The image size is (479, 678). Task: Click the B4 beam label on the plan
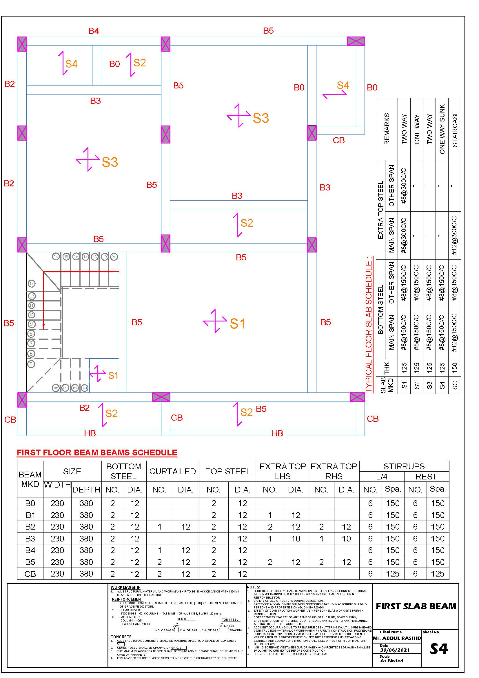(94, 31)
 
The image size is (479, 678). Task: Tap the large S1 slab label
(237, 324)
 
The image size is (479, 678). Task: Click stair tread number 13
(31, 283)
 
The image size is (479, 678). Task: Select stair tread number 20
(114, 257)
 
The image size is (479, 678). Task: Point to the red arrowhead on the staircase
(44, 327)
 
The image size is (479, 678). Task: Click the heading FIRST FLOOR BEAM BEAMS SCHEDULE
(97, 453)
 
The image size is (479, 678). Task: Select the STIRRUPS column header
(404, 466)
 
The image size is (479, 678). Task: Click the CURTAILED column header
(172, 471)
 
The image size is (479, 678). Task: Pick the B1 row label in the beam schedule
(30, 515)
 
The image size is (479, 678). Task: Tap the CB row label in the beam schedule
(30, 574)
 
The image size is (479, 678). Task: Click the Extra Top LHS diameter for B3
(296, 539)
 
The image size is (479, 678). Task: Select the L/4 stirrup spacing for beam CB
(393, 574)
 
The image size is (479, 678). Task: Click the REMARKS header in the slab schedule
(387, 129)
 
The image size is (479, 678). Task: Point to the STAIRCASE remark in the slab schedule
(455, 129)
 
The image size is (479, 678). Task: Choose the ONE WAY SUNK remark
(442, 129)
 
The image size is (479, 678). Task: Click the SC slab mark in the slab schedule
(455, 385)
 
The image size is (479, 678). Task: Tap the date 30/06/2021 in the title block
(395, 650)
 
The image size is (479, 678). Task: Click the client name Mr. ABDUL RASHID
(397, 638)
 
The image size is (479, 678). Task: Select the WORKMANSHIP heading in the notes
(125, 587)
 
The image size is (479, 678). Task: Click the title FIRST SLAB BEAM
(416, 606)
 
